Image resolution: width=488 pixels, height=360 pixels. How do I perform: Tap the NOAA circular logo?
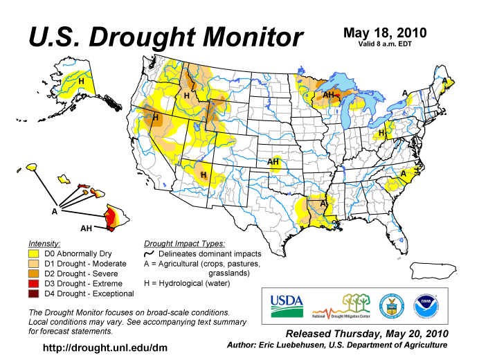427,305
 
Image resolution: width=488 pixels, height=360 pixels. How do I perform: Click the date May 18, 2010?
385,33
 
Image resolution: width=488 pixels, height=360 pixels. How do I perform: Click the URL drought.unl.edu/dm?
105,346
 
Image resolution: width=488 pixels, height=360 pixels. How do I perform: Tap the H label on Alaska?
82,81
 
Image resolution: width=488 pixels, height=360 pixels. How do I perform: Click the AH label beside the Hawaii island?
86,228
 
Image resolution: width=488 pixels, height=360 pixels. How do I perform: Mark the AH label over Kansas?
274,162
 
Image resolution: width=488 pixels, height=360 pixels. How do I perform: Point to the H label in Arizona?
204,175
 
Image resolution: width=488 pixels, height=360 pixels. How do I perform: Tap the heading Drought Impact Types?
184,244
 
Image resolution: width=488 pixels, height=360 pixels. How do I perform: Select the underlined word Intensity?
44,244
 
